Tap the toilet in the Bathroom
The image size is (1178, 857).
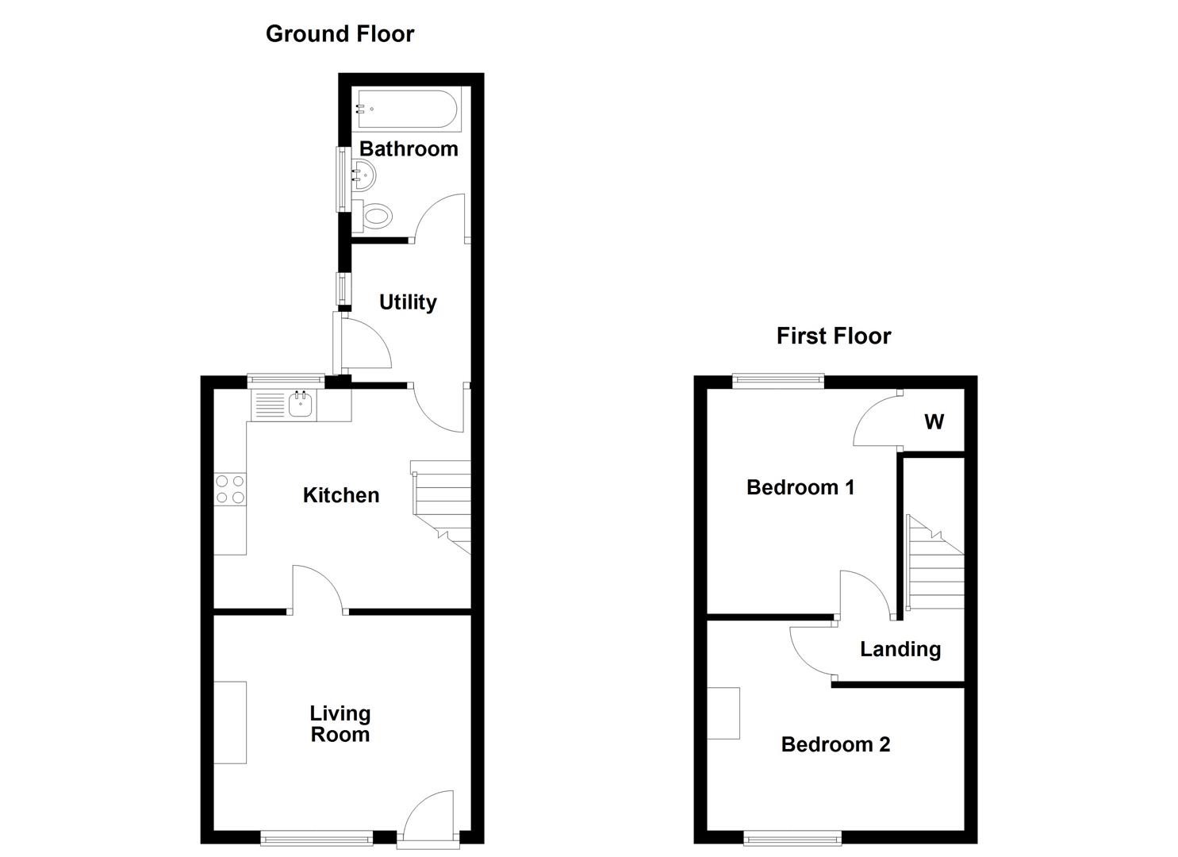click(375, 215)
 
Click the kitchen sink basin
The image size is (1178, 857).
click(302, 406)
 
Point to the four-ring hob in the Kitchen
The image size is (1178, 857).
click(230, 489)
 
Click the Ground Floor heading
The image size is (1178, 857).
click(340, 34)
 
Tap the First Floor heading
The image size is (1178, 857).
click(833, 336)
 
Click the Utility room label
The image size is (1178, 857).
click(408, 302)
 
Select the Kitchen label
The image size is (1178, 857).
click(341, 495)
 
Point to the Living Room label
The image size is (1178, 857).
click(340, 724)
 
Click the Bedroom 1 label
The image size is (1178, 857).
click(800, 487)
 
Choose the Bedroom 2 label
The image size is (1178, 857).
click(835, 744)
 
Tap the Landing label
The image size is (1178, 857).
click(900, 649)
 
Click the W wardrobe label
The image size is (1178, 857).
click(934, 421)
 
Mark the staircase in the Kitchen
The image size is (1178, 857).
click(442, 505)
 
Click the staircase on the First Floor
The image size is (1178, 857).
click(936, 563)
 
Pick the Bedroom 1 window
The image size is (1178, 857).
click(778, 381)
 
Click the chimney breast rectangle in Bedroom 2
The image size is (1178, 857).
click(723, 713)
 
